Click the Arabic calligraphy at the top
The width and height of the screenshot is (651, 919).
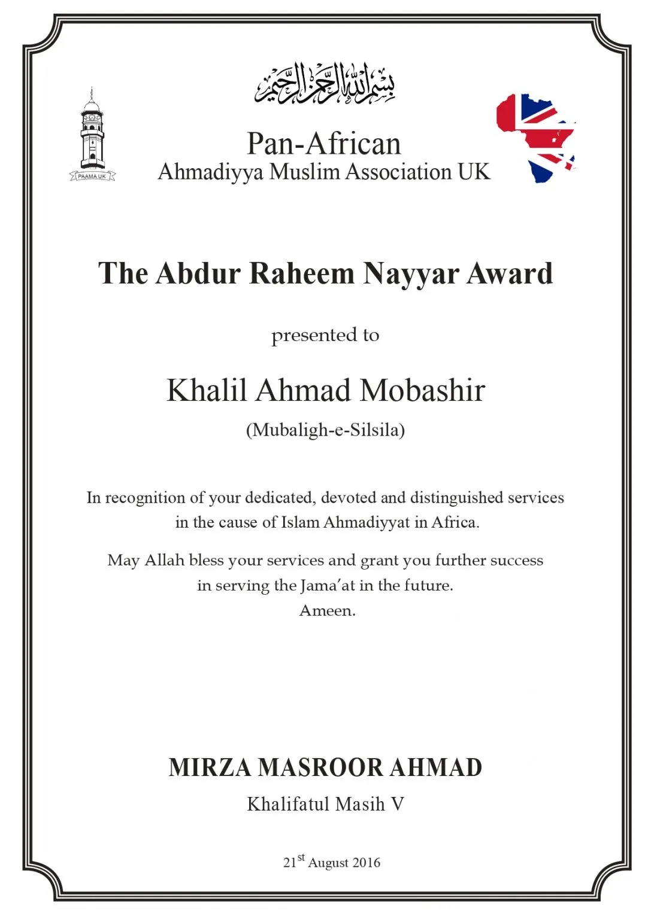325,84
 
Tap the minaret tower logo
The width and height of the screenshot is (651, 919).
92,132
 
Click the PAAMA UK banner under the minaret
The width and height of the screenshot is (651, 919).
92,177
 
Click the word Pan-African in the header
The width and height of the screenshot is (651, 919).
324,144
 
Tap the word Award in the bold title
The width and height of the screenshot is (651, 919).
509,273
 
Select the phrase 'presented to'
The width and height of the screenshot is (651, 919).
325,335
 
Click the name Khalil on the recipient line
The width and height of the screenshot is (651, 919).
207,391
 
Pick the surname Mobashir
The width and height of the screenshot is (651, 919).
422,391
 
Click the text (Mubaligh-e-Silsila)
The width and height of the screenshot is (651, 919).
325,430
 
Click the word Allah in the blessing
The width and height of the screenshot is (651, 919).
164,560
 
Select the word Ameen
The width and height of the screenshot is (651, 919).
327,610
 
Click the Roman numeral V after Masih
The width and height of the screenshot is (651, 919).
397,804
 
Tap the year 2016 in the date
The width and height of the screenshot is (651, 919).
366,863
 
